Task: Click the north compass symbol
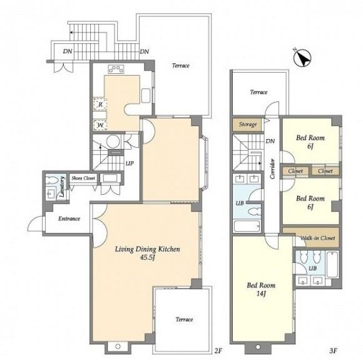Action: coord(302,58)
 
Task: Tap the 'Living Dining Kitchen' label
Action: coord(148,249)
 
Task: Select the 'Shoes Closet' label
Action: coord(83,178)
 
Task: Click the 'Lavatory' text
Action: coord(62,187)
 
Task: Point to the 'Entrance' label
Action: coord(69,219)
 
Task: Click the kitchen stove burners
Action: coord(116,69)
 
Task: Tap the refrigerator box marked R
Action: coord(100,105)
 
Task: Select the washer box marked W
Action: coord(100,125)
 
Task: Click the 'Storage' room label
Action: coord(248,125)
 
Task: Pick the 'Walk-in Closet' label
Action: coord(317,238)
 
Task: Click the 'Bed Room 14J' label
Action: coord(261,289)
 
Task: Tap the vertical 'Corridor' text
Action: coord(272,169)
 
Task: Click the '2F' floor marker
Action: coord(218,351)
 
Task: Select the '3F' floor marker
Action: coord(333,351)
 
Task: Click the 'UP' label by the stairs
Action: coord(130,163)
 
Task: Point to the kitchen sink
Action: coord(146,95)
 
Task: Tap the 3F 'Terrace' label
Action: coord(258,92)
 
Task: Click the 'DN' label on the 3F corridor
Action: coord(270,141)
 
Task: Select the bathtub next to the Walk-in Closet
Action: coord(333,264)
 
